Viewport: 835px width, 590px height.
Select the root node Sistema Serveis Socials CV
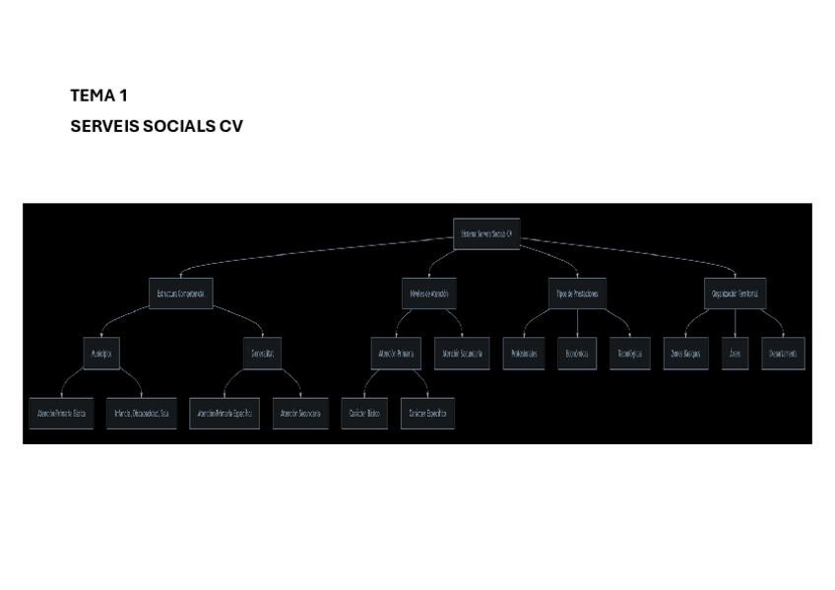[486, 233]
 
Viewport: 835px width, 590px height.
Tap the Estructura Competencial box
[180, 294]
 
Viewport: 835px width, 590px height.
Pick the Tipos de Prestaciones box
[577, 294]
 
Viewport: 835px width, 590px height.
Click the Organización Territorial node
[735, 294]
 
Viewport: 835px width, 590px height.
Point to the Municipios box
[101, 353]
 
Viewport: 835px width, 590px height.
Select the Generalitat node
[263, 353]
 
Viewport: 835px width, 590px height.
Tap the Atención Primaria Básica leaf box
[61, 414]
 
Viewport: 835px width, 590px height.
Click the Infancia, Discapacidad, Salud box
[142, 414]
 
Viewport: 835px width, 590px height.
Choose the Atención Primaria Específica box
[225, 414]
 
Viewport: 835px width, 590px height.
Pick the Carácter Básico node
[364, 414]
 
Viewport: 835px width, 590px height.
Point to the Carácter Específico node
[427, 414]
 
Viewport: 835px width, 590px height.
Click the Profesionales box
[523, 353]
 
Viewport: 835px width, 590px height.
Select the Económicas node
[577, 353]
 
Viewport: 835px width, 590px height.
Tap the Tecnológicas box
[630, 353]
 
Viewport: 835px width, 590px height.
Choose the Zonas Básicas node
[684, 353]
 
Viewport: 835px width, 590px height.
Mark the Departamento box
[783, 353]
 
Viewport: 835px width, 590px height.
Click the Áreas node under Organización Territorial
[735, 353]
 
